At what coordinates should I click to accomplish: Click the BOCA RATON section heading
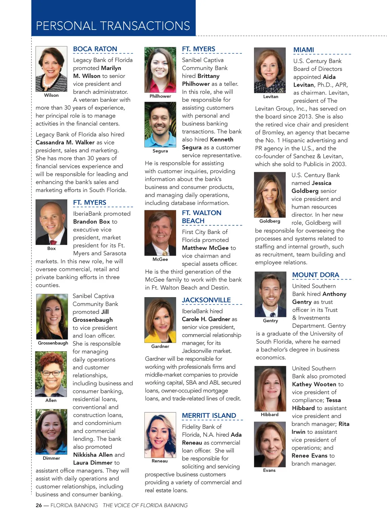tap(95, 49)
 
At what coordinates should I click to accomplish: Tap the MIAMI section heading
tap(303, 50)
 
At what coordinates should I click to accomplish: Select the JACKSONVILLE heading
tap(206, 300)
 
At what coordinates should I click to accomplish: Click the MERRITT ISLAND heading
tap(209, 416)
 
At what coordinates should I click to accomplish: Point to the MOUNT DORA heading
tap(316, 275)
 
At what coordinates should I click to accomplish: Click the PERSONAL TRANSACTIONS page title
tap(113, 26)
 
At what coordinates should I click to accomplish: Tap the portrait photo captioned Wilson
tap(51, 69)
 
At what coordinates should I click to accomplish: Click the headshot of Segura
tap(160, 125)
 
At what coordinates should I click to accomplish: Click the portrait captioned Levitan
tap(270, 70)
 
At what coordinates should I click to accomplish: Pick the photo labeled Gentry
tap(270, 294)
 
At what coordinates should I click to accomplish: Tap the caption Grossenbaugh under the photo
tap(53, 343)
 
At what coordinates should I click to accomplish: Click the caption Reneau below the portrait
tap(159, 461)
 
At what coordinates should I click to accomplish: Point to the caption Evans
tap(269, 470)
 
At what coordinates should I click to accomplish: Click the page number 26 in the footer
tap(39, 505)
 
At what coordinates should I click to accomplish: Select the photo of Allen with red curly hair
tap(51, 374)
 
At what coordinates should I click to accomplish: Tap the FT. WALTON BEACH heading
tap(201, 217)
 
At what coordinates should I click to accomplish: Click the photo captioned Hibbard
tap(269, 389)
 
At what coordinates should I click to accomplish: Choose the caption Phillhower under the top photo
tap(160, 96)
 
